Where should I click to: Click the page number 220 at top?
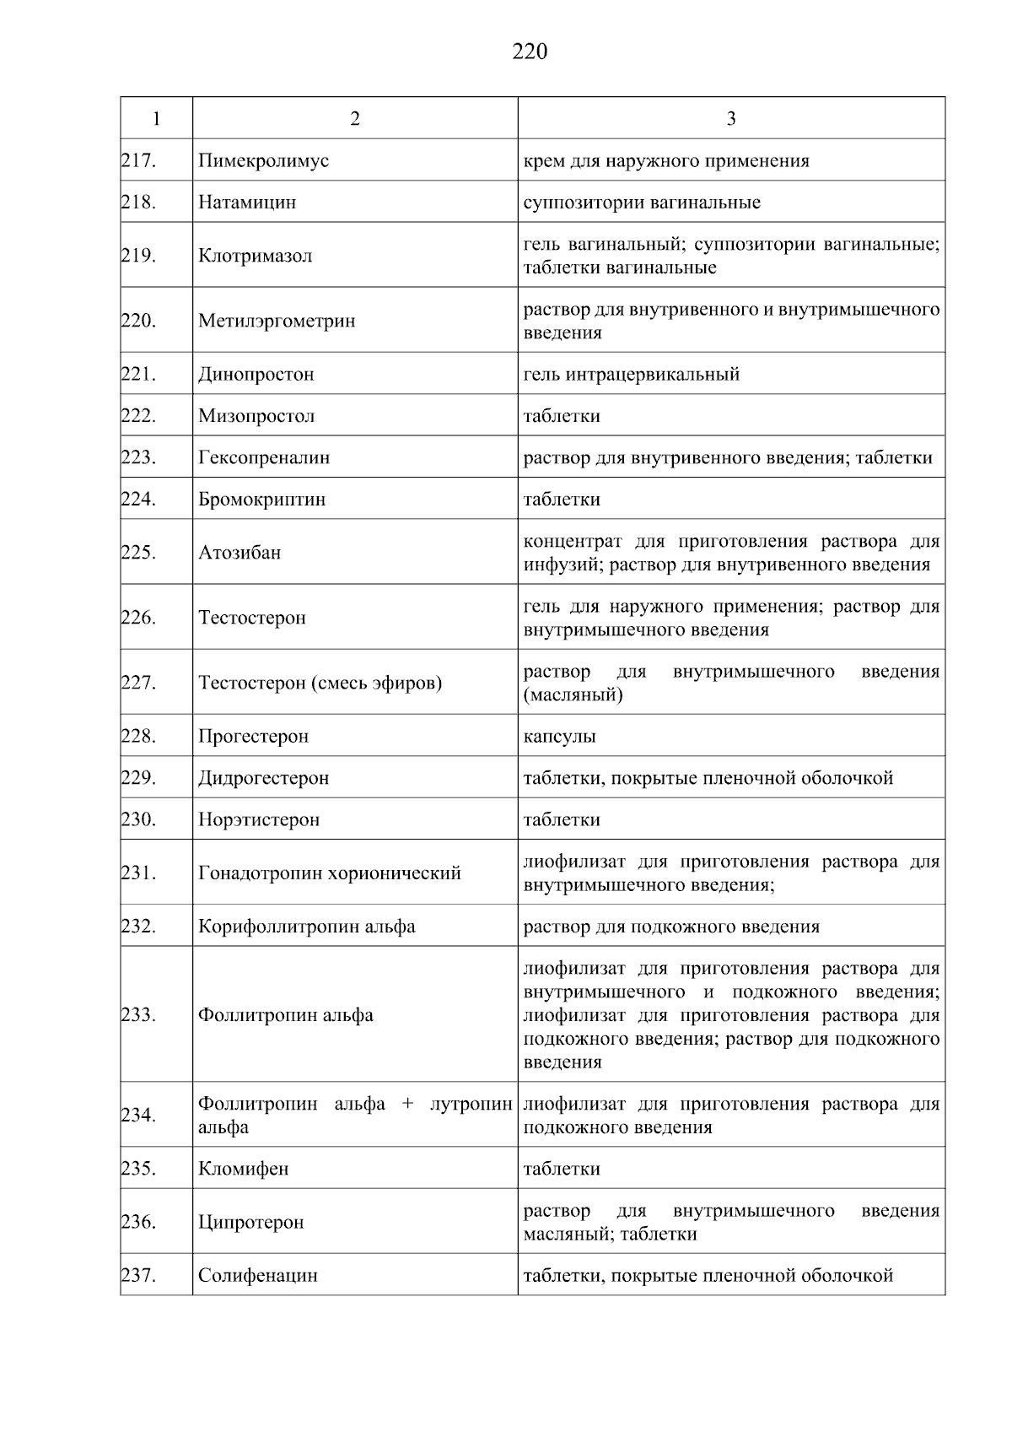(x=530, y=52)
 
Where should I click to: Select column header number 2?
(x=354, y=119)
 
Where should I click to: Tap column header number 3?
(x=731, y=119)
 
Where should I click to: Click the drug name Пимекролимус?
(x=263, y=161)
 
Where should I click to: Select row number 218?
(x=139, y=203)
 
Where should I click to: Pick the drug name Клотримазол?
(x=255, y=256)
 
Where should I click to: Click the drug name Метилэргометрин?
(x=277, y=322)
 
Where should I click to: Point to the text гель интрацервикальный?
(x=631, y=375)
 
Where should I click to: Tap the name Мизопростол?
(x=256, y=416)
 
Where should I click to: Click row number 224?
(x=139, y=500)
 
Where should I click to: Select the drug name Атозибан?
(x=240, y=553)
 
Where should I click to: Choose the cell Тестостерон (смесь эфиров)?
(x=320, y=683)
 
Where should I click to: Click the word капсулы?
(x=559, y=737)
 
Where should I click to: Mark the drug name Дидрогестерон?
(x=263, y=778)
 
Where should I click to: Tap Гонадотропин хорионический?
(x=329, y=873)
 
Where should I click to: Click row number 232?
(x=139, y=927)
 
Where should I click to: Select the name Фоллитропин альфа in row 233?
(x=285, y=1015)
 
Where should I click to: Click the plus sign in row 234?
(x=407, y=1104)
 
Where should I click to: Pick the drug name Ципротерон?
(x=250, y=1223)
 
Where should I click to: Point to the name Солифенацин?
(x=257, y=1276)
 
